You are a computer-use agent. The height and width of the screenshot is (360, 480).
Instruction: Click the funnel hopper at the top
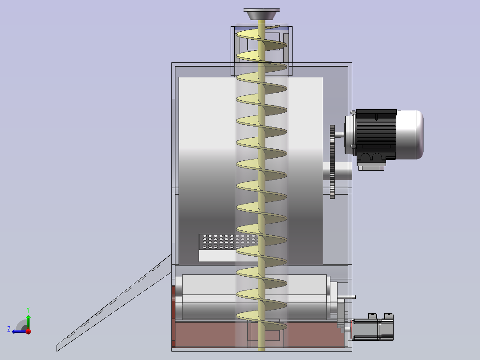[x=261, y=14]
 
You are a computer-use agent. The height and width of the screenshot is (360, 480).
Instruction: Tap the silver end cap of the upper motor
[x=410, y=135]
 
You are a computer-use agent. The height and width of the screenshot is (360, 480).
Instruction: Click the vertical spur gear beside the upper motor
[x=333, y=161]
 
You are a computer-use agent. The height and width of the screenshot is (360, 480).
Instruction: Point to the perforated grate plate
[x=228, y=242]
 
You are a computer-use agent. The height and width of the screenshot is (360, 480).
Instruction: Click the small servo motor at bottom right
[x=372, y=327]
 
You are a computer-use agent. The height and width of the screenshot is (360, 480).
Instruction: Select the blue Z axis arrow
[x=19, y=331]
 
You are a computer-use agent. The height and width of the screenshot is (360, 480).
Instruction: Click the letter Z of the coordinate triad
[x=9, y=329]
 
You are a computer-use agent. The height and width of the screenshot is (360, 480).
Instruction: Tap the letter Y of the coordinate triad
[x=28, y=310]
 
